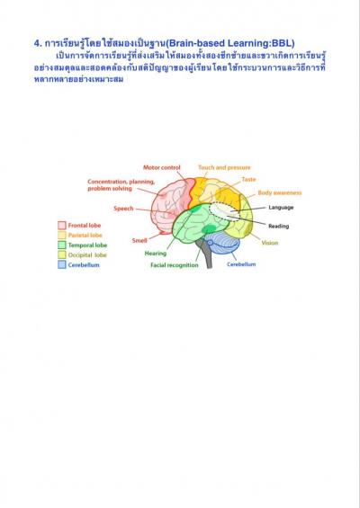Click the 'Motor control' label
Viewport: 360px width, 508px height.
(x=161, y=167)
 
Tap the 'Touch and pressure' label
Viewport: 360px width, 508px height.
(x=224, y=167)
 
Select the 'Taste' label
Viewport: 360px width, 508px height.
(x=248, y=179)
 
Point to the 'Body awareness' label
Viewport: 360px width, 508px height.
(x=280, y=192)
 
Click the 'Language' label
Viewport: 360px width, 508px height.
(x=281, y=208)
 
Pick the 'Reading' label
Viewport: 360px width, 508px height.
(x=279, y=227)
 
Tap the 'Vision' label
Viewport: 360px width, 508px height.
(x=270, y=243)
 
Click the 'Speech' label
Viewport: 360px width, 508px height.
(x=123, y=209)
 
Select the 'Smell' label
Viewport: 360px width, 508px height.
(x=139, y=240)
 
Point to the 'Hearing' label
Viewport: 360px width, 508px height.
(x=156, y=254)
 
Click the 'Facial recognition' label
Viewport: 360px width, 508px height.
(x=175, y=265)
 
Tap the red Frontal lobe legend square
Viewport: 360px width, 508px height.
(x=62, y=225)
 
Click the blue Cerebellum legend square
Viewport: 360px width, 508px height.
(x=62, y=264)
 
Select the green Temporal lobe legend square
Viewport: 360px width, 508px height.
(x=62, y=245)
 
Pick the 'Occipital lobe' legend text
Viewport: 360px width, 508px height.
(x=87, y=255)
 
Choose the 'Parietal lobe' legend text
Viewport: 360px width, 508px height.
(x=85, y=236)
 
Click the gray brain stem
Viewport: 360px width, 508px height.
(x=207, y=255)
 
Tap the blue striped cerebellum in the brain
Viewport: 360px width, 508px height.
(x=223, y=244)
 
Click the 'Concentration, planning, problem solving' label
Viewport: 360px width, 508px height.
(x=121, y=185)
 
